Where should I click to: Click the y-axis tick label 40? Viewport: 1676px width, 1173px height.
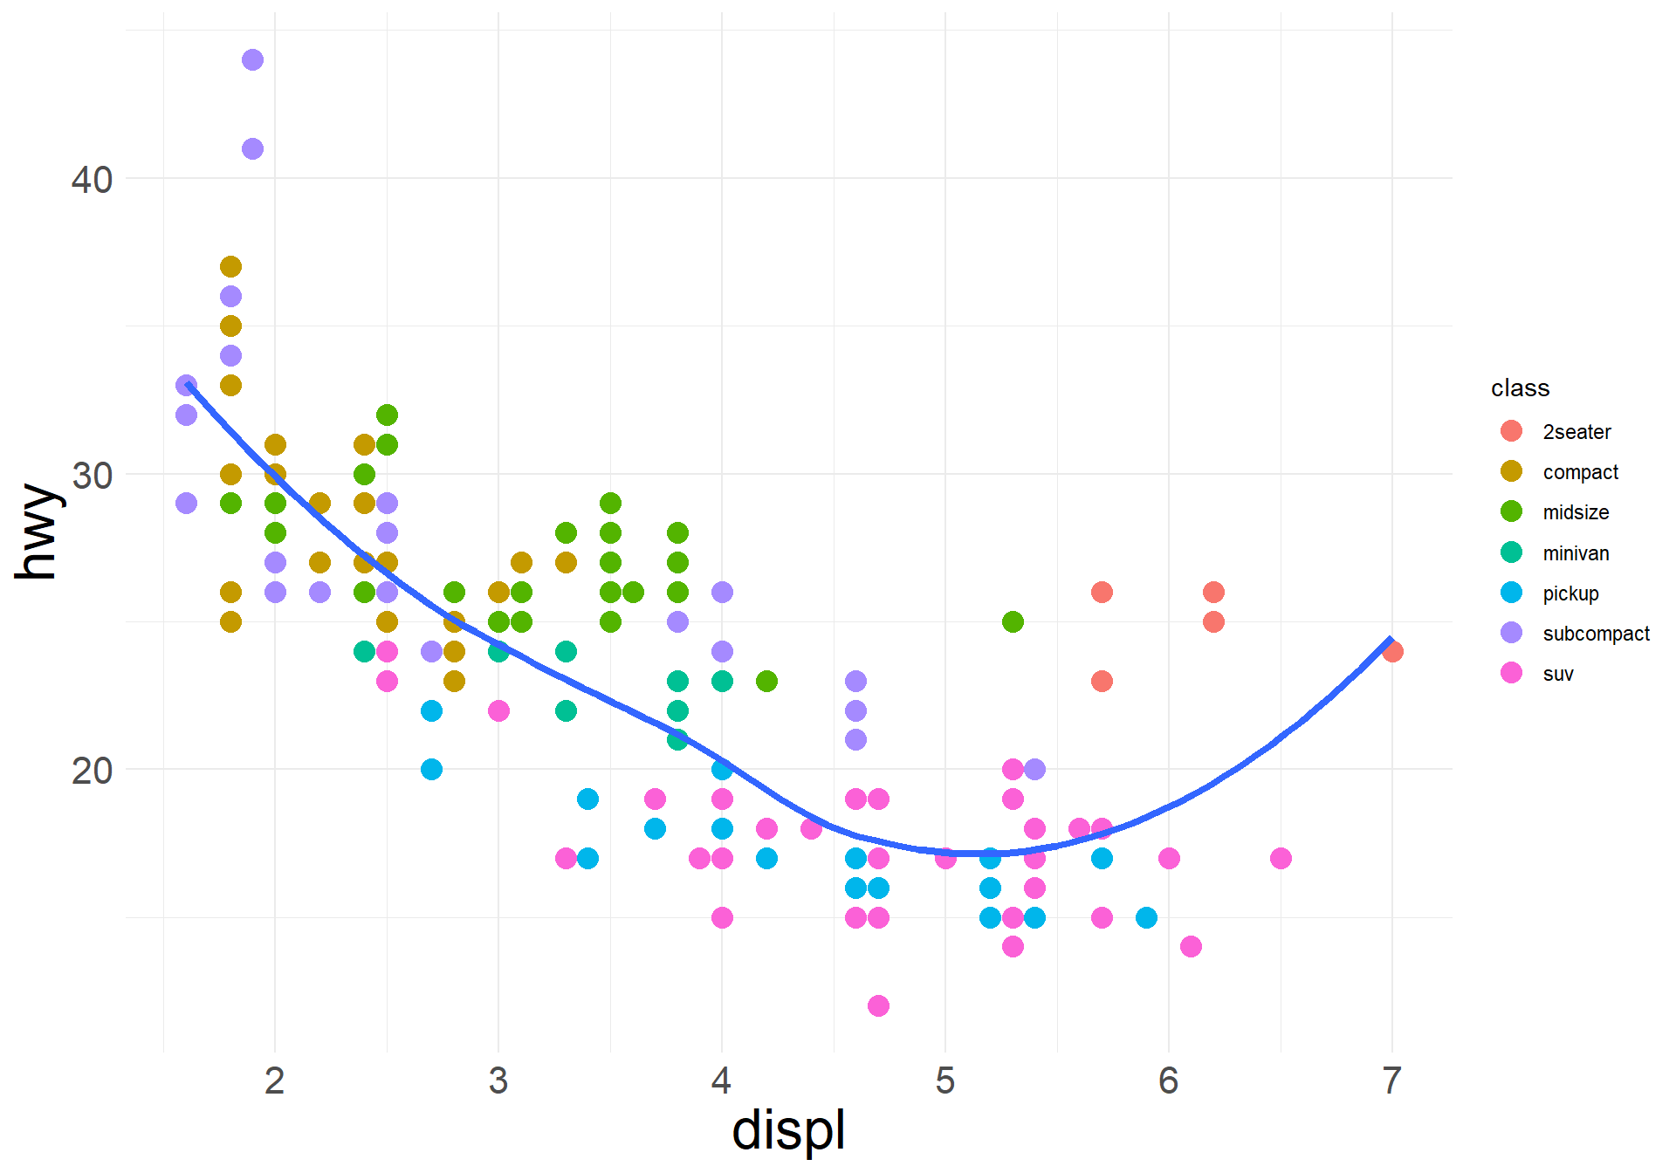(x=92, y=180)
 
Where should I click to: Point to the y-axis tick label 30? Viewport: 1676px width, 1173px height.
(x=92, y=476)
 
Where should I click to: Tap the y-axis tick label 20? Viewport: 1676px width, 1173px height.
(x=92, y=771)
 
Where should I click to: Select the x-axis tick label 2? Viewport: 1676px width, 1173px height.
(x=275, y=1080)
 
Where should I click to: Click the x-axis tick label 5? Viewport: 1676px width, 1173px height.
(x=945, y=1080)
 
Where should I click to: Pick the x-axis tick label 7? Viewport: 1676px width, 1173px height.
(x=1392, y=1080)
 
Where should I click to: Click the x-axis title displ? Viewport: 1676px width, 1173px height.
(x=788, y=1131)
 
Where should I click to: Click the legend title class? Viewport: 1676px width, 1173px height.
(x=1520, y=388)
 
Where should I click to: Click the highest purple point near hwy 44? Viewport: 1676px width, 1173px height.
(x=252, y=60)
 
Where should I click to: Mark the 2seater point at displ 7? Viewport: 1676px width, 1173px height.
(x=1392, y=651)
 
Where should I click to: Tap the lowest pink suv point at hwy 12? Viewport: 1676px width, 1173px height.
(x=878, y=1005)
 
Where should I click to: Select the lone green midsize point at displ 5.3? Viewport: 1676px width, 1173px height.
(x=1013, y=621)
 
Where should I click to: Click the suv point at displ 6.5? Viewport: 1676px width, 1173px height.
(x=1281, y=858)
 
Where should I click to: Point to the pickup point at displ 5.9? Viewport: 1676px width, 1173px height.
(x=1146, y=917)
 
